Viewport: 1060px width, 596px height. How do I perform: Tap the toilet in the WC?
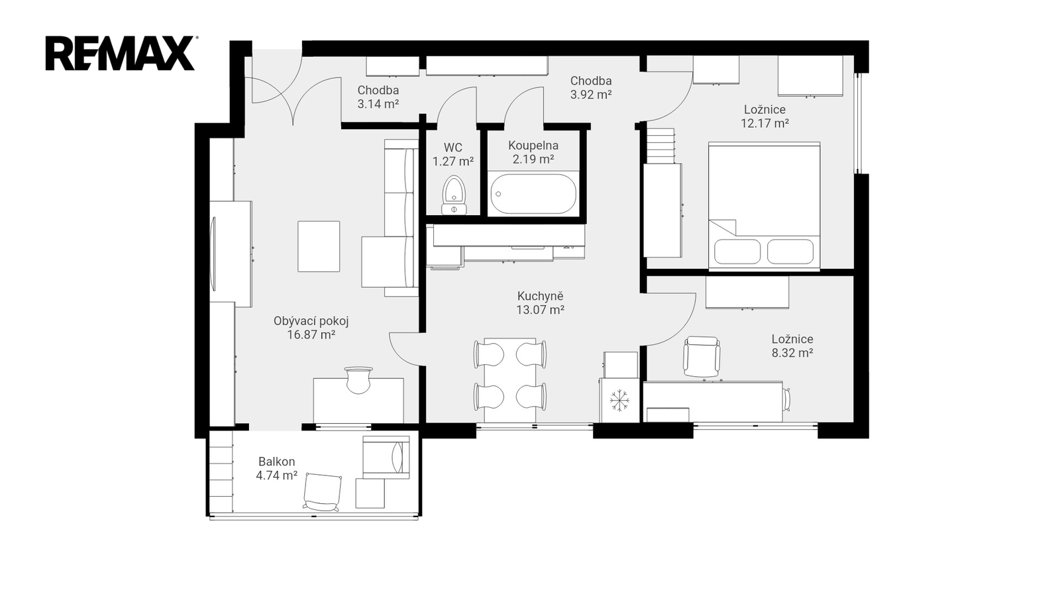coord(454,195)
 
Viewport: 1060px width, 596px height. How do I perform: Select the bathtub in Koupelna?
coord(533,194)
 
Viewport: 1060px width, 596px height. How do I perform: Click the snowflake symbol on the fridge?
coord(619,400)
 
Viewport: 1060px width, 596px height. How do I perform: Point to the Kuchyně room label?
coord(541,296)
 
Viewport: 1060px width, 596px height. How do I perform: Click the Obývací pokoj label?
coord(311,321)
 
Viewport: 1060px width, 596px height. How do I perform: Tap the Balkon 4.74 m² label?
coord(277,468)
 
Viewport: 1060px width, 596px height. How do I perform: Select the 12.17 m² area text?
coord(765,123)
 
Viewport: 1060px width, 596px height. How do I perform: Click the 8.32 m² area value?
coord(792,353)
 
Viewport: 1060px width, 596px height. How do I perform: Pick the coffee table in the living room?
coord(319,246)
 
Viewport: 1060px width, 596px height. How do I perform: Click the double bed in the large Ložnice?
coord(765,206)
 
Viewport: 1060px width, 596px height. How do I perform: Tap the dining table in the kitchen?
coord(510,380)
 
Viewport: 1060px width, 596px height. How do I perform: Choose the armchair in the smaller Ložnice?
coord(702,357)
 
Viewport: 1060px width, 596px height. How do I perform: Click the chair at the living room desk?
coord(358,380)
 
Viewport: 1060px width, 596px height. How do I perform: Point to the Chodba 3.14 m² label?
coord(378,97)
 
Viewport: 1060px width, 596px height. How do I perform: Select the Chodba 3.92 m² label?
coord(591,87)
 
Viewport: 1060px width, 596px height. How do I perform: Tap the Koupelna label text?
coord(533,145)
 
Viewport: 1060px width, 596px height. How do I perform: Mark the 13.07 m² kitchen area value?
coord(541,311)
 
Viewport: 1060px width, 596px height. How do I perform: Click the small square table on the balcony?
coord(370,493)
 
